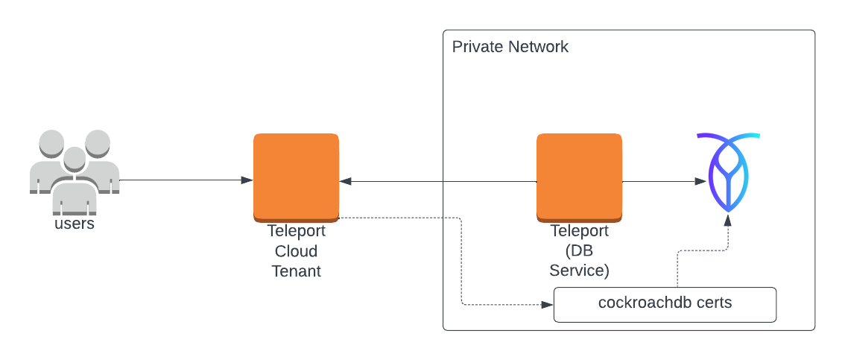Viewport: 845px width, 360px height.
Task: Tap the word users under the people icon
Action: pyautogui.click(x=75, y=223)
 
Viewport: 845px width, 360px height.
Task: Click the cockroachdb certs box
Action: pyautogui.click(x=665, y=304)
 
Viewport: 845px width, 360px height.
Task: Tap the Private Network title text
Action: pyautogui.click(x=510, y=47)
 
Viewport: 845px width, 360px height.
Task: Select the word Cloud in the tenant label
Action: pyautogui.click(x=297, y=251)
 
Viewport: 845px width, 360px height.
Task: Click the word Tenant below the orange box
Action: pyautogui.click(x=297, y=271)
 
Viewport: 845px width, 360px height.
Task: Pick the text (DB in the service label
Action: pyautogui.click(x=579, y=251)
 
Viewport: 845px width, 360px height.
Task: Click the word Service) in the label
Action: pyautogui.click(x=579, y=271)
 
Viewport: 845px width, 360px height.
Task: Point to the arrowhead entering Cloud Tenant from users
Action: pyautogui.click(x=247, y=180)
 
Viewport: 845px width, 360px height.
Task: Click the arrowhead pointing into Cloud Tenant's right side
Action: pyautogui.click(x=345, y=181)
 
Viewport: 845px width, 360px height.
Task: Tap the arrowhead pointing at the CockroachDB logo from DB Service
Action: pyautogui.click(x=701, y=181)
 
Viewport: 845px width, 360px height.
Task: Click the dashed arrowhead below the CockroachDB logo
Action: pyautogui.click(x=728, y=220)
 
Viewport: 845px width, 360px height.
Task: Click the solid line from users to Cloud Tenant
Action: pyautogui.click(x=183, y=180)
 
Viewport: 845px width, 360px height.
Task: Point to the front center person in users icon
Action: pyautogui.click(x=74, y=179)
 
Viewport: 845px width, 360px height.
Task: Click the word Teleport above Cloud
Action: pyautogui.click(x=297, y=231)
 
